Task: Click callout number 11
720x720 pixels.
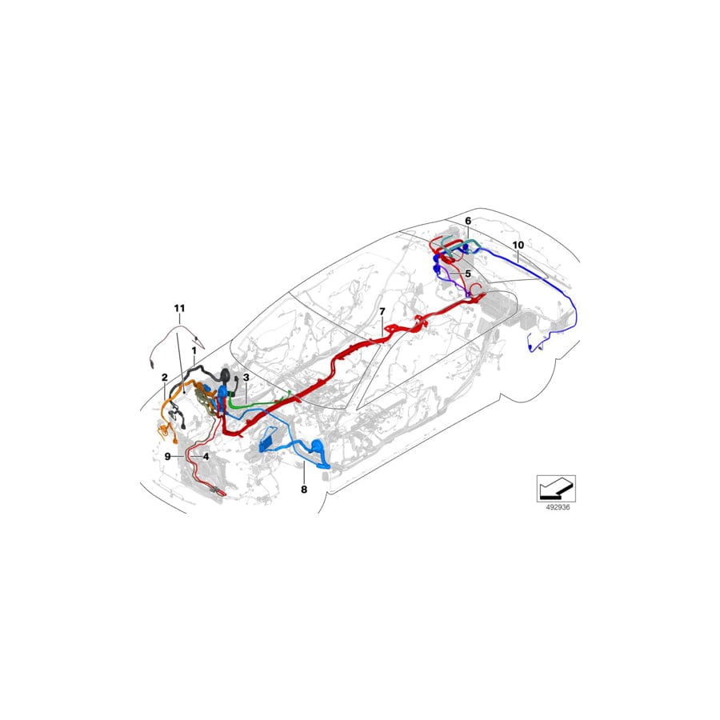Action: (179, 307)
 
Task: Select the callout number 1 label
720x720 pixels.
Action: (194, 350)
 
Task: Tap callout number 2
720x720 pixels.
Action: (164, 377)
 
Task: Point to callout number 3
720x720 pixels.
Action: (246, 377)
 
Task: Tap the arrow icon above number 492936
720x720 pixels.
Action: (555, 486)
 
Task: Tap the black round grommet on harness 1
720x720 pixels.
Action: (226, 375)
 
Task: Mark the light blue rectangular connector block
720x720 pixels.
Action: (269, 442)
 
